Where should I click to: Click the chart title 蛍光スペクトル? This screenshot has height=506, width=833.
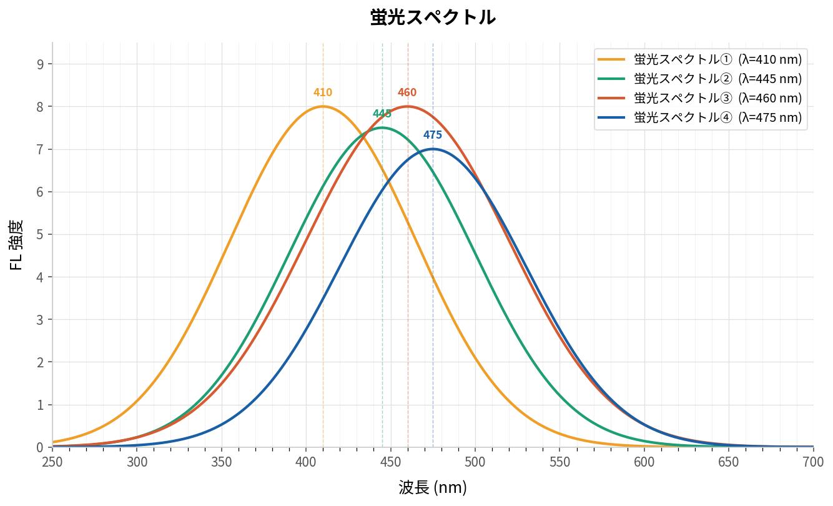(433, 17)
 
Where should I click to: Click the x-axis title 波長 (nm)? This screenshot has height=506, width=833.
(433, 487)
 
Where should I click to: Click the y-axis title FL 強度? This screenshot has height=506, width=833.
(17, 244)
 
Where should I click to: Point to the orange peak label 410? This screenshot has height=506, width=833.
(323, 92)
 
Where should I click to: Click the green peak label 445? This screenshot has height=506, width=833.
(382, 114)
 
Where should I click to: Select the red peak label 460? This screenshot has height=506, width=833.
(407, 92)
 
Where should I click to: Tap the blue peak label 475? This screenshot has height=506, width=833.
(433, 135)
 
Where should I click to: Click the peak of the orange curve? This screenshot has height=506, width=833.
(323, 107)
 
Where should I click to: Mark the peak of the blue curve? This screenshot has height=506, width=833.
(433, 149)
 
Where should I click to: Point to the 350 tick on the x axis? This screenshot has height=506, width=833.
(222, 462)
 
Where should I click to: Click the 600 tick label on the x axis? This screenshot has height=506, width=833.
(644, 462)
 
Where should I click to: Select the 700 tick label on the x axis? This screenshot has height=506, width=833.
(812, 462)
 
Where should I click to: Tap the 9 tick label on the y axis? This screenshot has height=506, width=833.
(41, 64)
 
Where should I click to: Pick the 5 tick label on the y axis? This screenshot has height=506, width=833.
(41, 234)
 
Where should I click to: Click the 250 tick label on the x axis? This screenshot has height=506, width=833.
(52, 462)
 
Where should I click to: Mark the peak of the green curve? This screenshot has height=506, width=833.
(382, 128)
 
